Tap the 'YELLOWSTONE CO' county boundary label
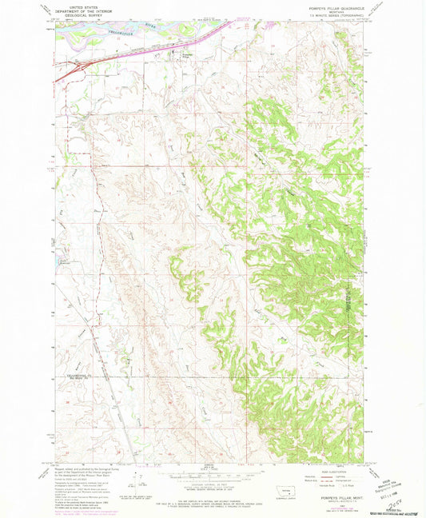click(x=67, y=370)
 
